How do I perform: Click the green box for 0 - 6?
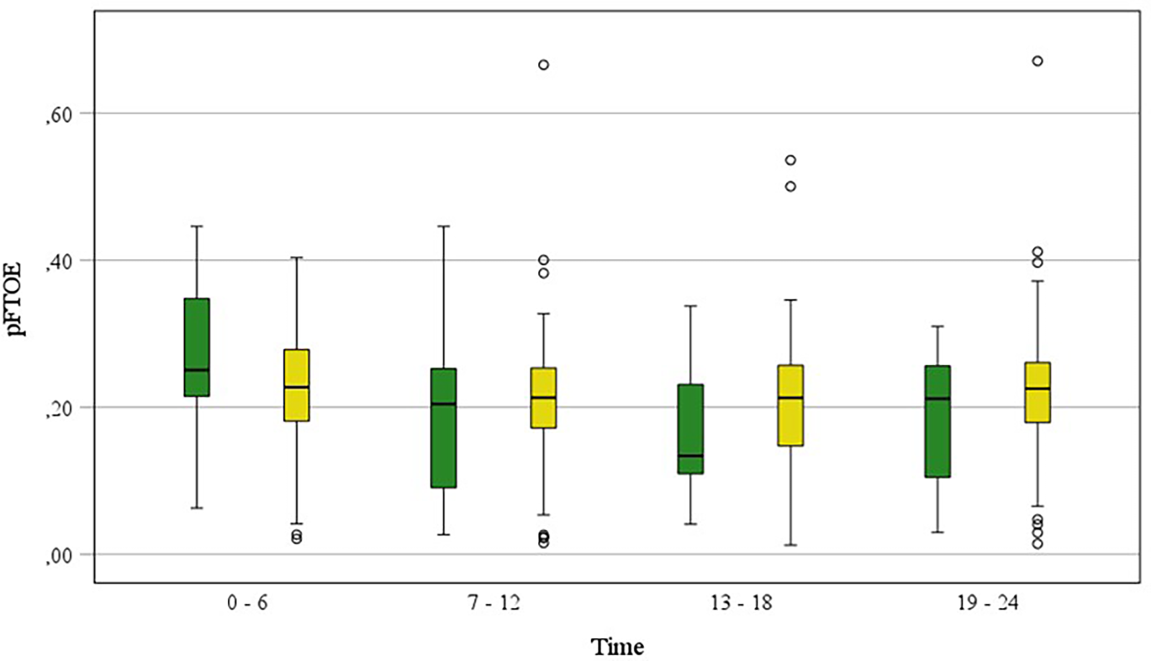(x=196, y=347)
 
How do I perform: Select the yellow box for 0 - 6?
(x=296, y=385)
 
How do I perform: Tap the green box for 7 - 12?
(x=443, y=428)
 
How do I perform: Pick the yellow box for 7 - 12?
(x=543, y=398)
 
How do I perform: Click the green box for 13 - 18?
(x=691, y=429)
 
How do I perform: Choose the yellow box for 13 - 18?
(x=791, y=405)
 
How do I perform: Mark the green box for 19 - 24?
(x=937, y=421)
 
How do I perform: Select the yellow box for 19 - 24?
(x=1037, y=392)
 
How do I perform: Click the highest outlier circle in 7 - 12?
(x=544, y=65)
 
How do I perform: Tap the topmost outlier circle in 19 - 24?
(x=1037, y=61)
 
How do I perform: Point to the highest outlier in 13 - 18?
(x=791, y=160)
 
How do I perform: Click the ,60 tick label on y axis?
(x=58, y=117)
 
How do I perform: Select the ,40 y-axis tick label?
(x=58, y=264)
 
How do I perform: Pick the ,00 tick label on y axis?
(x=58, y=557)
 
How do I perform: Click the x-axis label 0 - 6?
(x=247, y=603)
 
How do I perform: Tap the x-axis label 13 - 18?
(x=741, y=603)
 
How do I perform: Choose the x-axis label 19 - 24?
(x=988, y=603)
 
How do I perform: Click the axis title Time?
(x=617, y=646)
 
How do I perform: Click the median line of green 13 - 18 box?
(x=691, y=455)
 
